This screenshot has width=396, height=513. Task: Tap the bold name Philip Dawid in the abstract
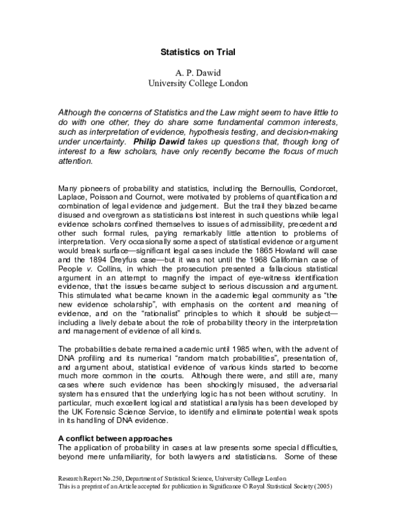pyautogui.click(x=160, y=140)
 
